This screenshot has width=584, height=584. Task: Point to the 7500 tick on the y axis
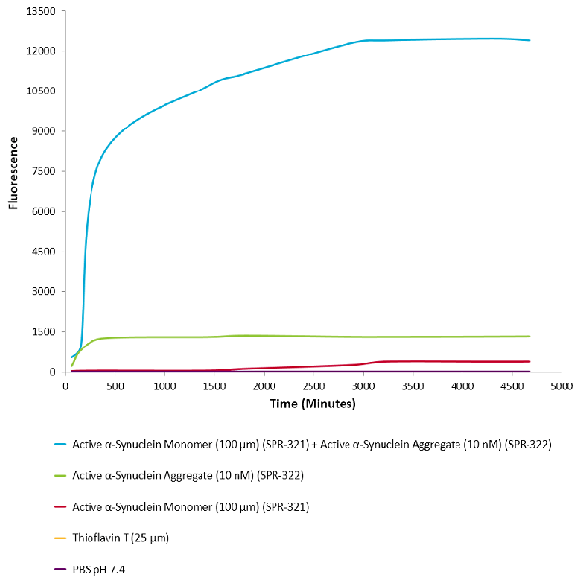point(45,171)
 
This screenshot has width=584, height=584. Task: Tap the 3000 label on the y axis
point(45,291)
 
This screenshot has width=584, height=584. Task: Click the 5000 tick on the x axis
point(561,386)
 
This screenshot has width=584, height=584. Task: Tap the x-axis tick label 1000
point(164,386)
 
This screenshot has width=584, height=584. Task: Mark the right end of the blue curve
point(530,40)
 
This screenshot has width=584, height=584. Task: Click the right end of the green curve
point(530,336)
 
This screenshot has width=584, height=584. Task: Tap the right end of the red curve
point(530,361)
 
